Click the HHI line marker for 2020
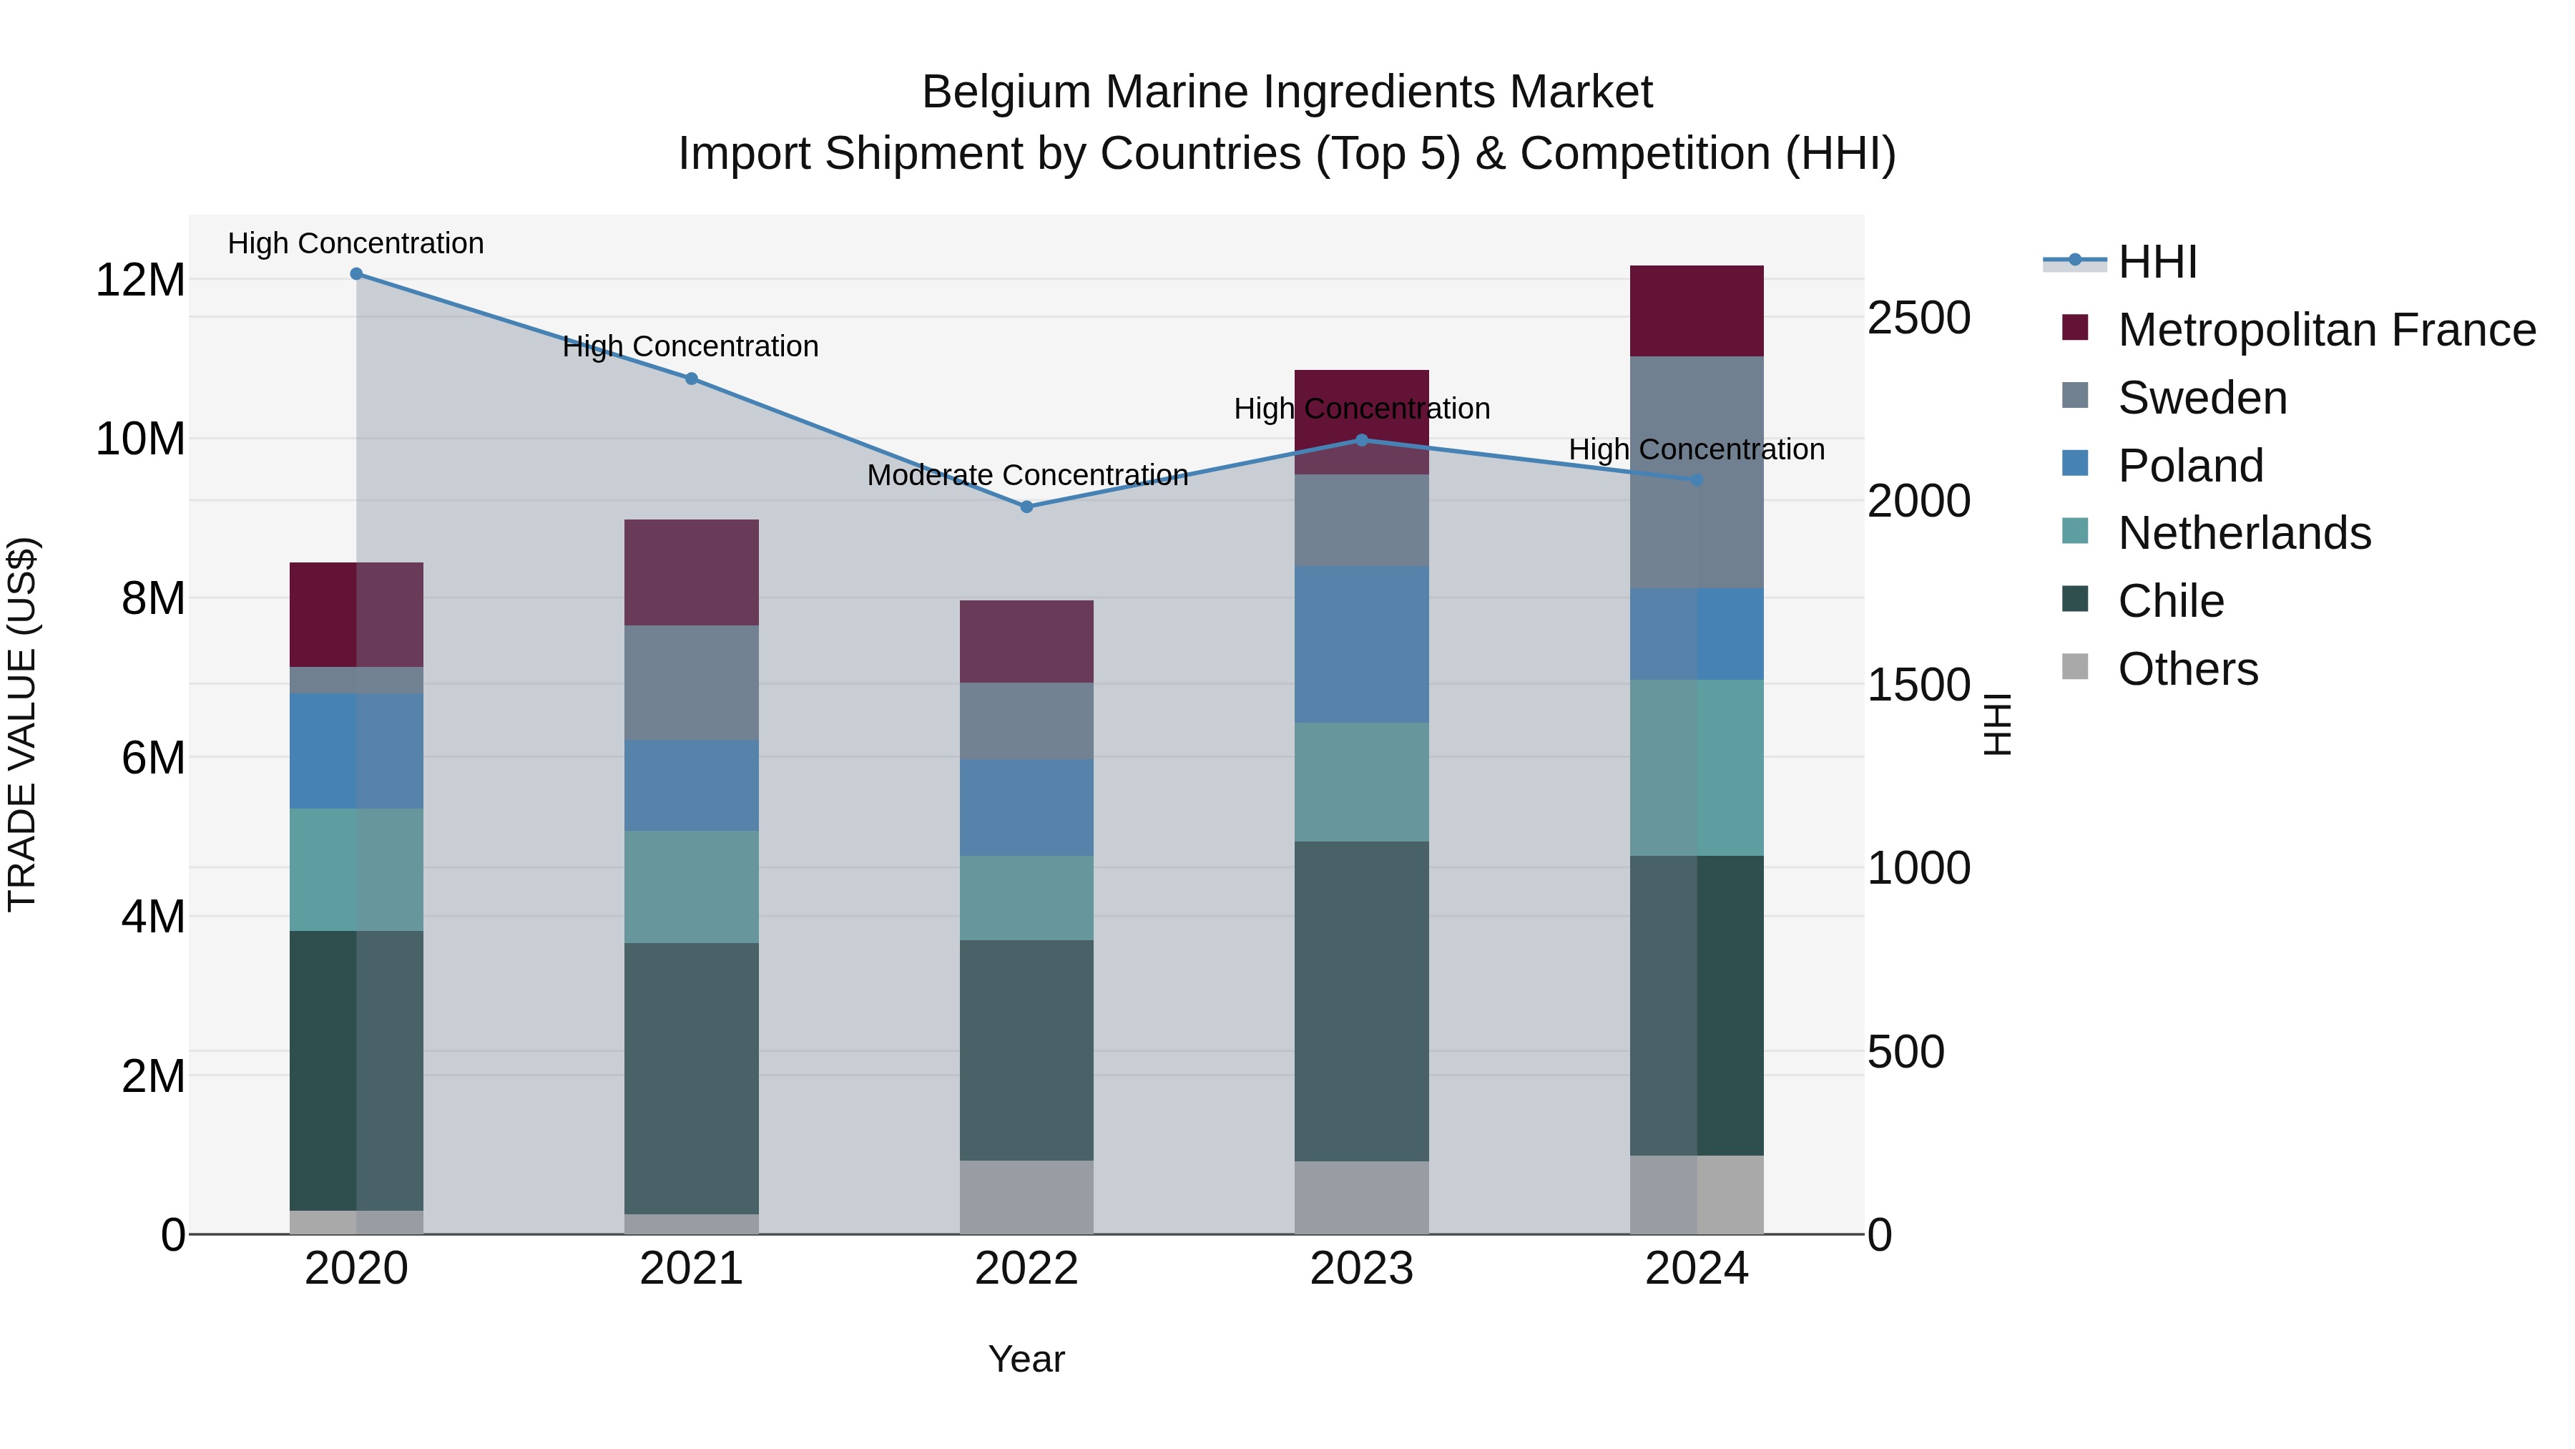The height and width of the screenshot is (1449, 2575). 357,274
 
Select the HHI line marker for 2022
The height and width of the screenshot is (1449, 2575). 1026,507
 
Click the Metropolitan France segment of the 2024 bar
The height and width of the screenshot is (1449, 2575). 1697,311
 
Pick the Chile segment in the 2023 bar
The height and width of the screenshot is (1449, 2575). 1361,1000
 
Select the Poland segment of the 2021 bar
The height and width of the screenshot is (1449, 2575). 692,785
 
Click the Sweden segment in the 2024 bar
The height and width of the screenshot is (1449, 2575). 1697,472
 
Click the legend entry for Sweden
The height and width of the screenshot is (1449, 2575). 2202,398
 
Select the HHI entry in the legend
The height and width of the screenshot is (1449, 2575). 2157,262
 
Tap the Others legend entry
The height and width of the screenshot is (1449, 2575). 2187,669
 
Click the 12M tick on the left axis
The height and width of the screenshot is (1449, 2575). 140,280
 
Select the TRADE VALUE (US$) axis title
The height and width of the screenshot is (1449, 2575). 22,724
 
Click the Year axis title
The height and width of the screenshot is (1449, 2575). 1026,1359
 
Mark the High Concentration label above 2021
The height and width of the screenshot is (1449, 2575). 691,347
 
